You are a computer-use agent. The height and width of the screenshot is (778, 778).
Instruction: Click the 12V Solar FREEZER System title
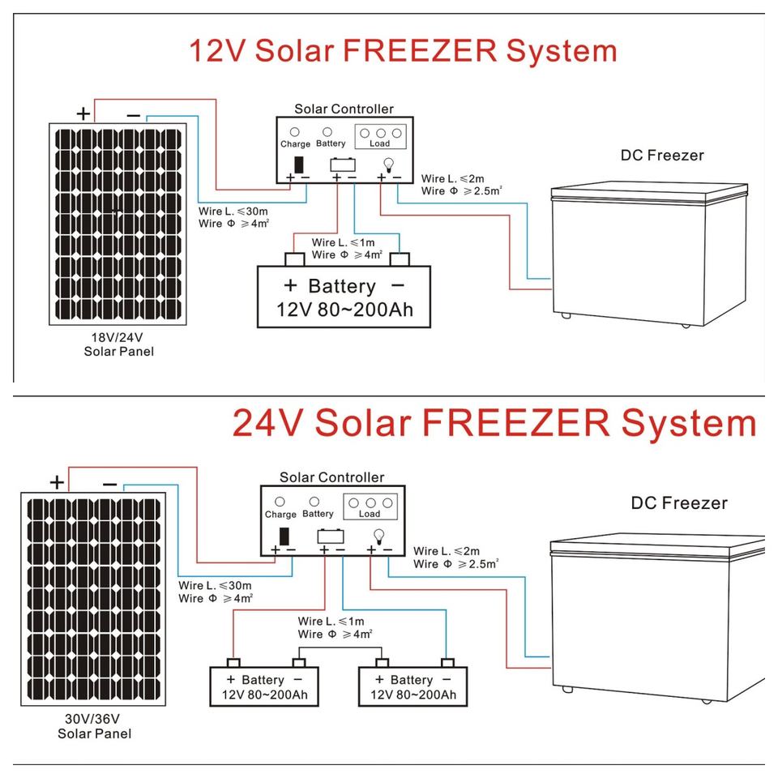[x=403, y=52]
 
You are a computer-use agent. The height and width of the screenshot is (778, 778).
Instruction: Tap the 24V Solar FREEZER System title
[x=494, y=423]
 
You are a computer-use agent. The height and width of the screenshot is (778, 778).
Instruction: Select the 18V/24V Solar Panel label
[x=118, y=344]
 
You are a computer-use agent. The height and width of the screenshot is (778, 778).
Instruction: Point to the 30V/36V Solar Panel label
[x=94, y=726]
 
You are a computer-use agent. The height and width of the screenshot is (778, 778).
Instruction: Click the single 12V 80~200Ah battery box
[x=344, y=297]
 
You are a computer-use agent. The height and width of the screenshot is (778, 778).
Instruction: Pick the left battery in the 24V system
[x=264, y=686]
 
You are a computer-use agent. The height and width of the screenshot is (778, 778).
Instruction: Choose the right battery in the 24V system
[x=413, y=686]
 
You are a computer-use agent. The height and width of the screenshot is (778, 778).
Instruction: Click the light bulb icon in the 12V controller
[x=389, y=165]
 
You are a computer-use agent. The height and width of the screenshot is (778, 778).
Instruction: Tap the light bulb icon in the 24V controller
[x=379, y=536]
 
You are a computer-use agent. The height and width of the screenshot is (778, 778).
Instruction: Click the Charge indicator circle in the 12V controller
[x=295, y=132]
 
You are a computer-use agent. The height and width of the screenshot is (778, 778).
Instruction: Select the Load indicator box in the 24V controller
[x=370, y=507]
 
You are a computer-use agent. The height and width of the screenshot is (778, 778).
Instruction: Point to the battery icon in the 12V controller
[x=343, y=165]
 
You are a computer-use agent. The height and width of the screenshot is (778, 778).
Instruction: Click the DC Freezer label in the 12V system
[x=662, y=156]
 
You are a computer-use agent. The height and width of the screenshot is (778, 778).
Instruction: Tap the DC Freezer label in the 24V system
[x=679, y=503]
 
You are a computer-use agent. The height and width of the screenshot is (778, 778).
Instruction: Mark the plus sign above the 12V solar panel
[x=83, y=113]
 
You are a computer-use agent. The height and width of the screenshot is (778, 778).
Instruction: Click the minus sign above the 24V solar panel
[x=109, y=485]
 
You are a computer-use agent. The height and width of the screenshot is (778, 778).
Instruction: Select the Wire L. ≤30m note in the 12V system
[x=233, y=212]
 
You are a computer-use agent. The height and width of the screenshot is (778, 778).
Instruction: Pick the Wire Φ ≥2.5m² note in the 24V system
[x=456, y=564]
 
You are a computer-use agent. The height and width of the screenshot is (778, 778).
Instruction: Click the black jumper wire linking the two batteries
[x=340, y=648]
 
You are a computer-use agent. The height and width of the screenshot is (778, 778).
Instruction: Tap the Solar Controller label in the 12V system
[x=344, y=109]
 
